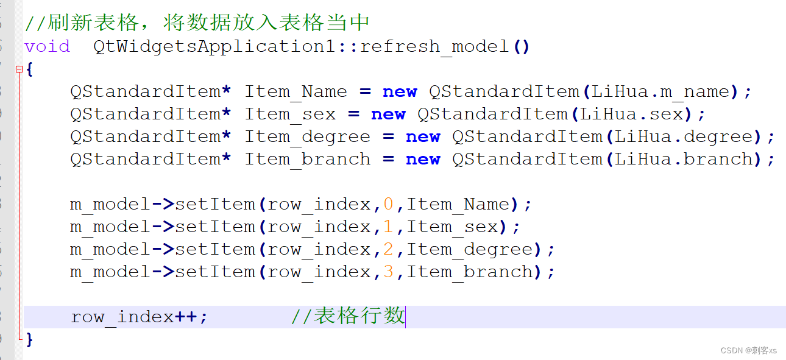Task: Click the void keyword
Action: point(47,46)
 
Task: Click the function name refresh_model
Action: point(435,46)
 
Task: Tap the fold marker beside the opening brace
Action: point(19,69)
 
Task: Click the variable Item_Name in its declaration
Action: point(296,92)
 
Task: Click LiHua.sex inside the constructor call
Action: point(632,115)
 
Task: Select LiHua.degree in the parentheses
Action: point(684,137)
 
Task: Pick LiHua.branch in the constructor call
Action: point(684,160)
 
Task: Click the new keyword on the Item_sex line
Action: point(388,115)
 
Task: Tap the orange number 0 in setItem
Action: point(389,204)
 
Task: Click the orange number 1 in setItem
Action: point(389,227)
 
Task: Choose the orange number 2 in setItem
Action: point(389,249)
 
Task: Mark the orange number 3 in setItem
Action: point(389,272)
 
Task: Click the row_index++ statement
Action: point(139,317)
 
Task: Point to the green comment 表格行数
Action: point(358,316)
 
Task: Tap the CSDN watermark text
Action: point(748,350)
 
